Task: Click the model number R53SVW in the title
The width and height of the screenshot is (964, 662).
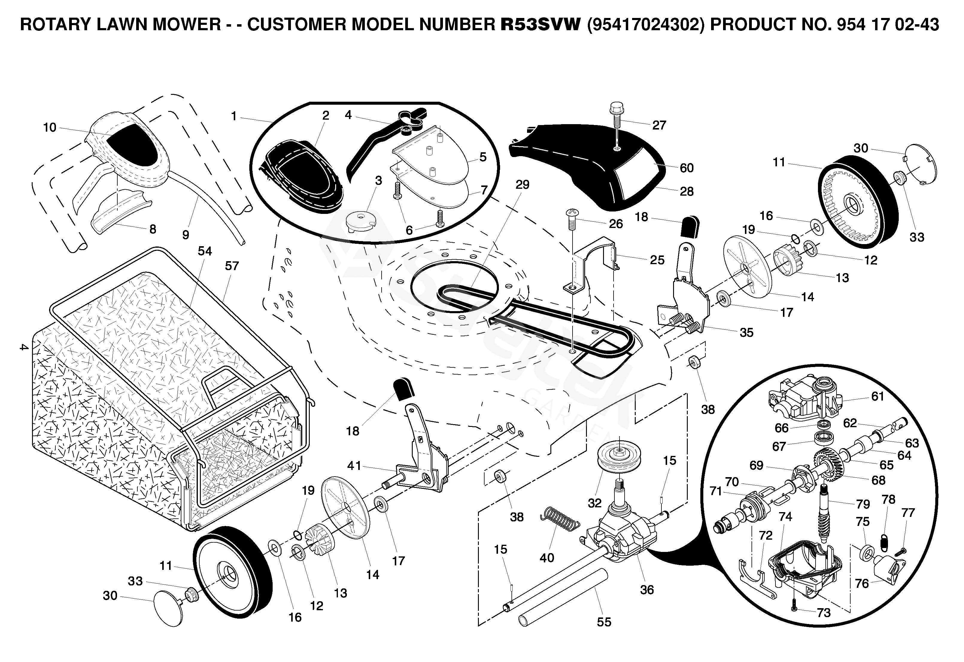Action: click(x=540, y=25)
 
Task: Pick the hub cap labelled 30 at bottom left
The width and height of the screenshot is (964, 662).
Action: click(x=168, y=608)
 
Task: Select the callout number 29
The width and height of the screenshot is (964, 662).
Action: click(x=523, y=185)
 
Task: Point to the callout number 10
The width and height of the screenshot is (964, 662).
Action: click(x=50, y=127)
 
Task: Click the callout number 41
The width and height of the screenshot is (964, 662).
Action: click(x=354, y=466)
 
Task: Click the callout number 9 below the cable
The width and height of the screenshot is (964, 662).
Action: click(x=186, y=235)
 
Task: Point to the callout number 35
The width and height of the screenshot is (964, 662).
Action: click(x=746, y=332)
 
